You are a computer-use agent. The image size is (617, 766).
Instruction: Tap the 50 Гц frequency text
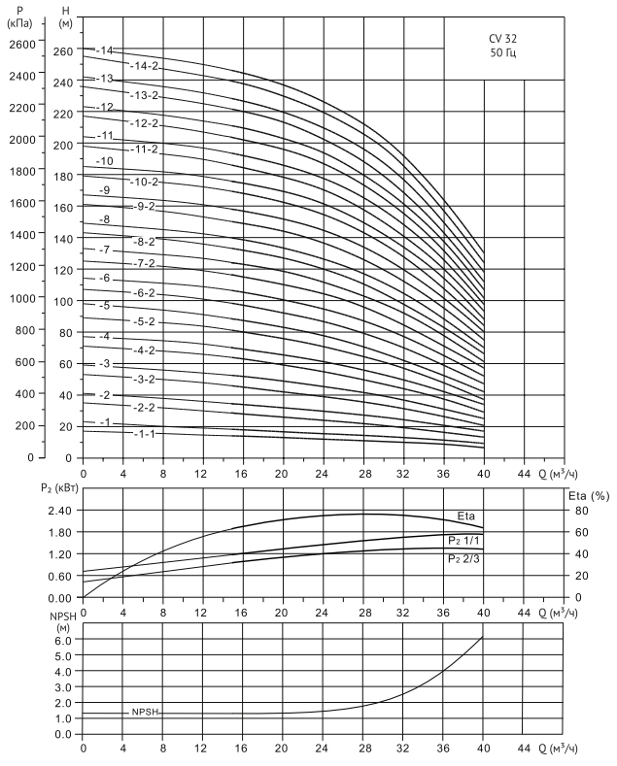(x=502, y=53)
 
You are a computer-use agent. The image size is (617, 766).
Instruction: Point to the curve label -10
(x=104, y=160)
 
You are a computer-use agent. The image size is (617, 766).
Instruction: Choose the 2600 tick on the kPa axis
(x=21, y=44)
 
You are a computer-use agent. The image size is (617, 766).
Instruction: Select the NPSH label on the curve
(x=144, y=713)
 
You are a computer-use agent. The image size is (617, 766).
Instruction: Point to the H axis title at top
(x=64, y=8)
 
